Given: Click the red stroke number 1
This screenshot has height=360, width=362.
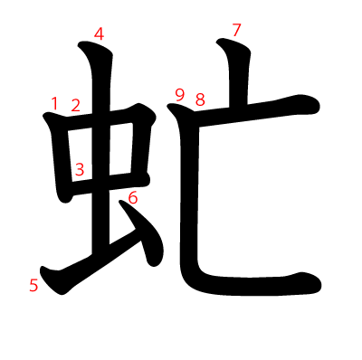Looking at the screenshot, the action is click(54, 103).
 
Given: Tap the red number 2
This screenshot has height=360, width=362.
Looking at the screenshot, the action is click(76, 105).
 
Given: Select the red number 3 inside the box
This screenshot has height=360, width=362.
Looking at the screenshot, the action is click(80, 169).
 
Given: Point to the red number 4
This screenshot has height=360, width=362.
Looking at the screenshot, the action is click(99, 33).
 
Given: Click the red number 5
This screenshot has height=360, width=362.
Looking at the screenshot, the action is click(33, 285).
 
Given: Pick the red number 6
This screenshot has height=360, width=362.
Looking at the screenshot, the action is click(133, 198).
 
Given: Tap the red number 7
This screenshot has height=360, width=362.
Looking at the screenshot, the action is click(237, 30).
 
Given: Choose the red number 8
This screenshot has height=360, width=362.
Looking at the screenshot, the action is click(200, 99).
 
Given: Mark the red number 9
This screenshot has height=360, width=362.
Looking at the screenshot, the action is click(180, 96).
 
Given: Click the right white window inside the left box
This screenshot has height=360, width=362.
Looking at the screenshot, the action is click(121, 148).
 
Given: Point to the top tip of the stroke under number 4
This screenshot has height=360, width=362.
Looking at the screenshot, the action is click(81, 44).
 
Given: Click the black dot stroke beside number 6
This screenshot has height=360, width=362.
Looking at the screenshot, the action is click(142, 233).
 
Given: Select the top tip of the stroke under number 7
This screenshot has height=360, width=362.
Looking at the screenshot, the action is click(218, 41).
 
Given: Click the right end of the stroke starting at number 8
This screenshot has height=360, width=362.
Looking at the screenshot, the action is click(318, 106).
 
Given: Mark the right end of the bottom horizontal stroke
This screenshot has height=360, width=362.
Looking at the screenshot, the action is click(319, 284).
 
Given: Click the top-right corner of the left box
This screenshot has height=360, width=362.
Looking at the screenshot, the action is click(152, 115).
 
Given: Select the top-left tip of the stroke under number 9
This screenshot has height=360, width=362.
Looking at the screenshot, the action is click(168, 106).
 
